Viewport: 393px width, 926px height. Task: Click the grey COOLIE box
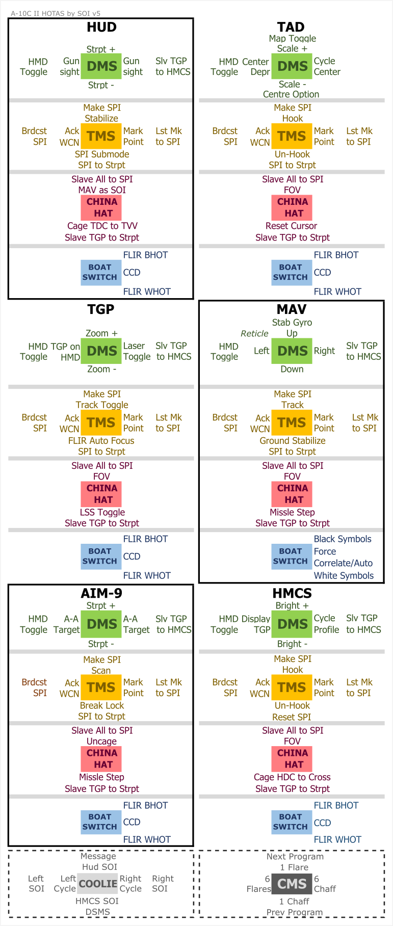(x=98, y=884)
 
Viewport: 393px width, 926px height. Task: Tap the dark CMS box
(x=292, y=884)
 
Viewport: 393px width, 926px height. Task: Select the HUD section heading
(x=101, y=27)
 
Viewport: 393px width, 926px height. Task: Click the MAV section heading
(x=292, y=309)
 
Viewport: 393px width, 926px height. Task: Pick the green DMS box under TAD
(x=292, y=66)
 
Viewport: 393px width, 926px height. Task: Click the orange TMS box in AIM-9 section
(x=101, y=687)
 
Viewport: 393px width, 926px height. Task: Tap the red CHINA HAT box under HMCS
(x=292, y=759)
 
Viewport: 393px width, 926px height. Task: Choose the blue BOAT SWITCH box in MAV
(x=291, y=556)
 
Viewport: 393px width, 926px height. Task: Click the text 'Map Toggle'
(x=292, y=38)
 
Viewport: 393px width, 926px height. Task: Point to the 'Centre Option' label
(x=291, y=94)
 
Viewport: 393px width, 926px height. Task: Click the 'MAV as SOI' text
(x=102, y=190)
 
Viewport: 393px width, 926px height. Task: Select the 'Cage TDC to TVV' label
(x=102, y=226)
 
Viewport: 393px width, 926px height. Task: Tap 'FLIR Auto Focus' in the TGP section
(x=101, y=441)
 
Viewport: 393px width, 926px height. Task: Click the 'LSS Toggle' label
(x=102, y=512)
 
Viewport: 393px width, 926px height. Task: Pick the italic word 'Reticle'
(x=254, y=333)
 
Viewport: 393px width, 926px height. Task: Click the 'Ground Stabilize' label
(x=292, y=441)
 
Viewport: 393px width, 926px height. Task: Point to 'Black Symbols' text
(x=343, y=539)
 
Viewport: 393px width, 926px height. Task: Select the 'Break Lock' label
(x=102, y=706)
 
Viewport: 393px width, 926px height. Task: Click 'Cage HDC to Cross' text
(x=292, y=777)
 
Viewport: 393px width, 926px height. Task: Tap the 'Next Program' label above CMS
(x=295, y=857)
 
